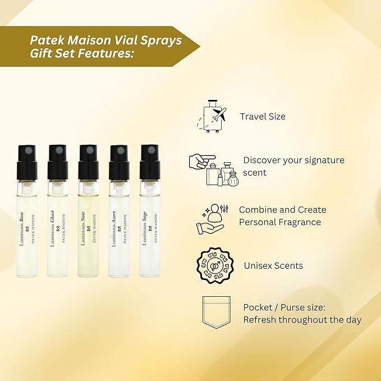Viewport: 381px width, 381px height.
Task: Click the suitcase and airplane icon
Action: (x=212, y=116)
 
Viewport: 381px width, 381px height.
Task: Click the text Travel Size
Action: (x=263, y=117)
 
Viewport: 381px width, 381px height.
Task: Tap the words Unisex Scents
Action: (x=273, y=265)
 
